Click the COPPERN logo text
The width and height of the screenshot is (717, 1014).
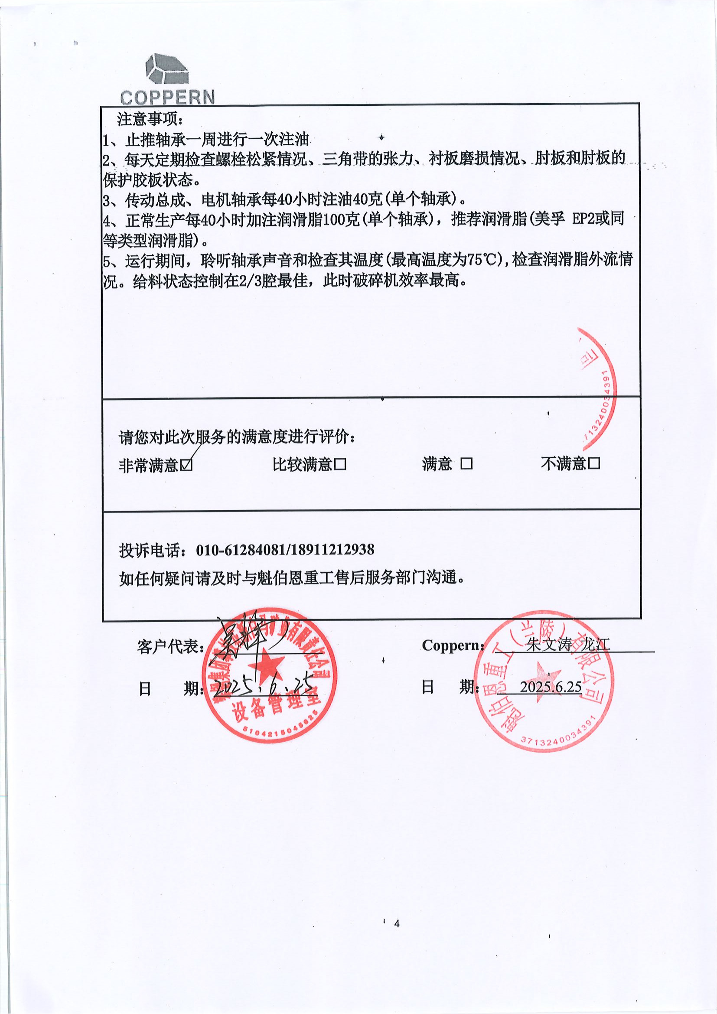coord(167,97)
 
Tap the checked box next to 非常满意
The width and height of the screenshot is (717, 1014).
coord(187,465)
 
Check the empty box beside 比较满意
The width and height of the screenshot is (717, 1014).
coord(340,464)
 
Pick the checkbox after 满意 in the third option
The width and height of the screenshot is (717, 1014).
coord(466,464)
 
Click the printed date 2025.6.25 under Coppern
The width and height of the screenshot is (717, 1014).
coord(551,687)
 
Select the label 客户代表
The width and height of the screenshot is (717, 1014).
coord(169,647)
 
